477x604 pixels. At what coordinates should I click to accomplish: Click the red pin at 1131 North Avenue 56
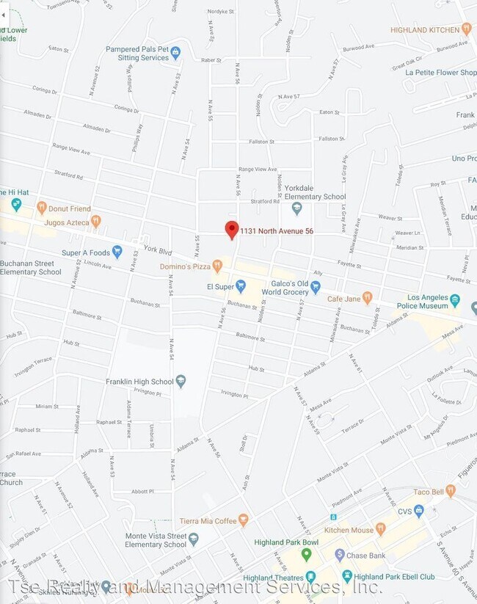coord(232,230)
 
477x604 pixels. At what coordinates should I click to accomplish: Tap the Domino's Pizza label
coord(185,266)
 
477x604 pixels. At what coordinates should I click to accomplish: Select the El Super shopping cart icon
coord(240,285)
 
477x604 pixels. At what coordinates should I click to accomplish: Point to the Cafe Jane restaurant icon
coord(368,299)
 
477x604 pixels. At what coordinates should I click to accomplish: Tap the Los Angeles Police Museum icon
coord(455,300)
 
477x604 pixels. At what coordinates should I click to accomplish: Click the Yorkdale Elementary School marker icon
coord(297,209)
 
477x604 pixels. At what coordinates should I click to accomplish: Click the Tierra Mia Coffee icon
coord(244,520)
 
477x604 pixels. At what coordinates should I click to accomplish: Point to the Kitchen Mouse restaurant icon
coord(380,529)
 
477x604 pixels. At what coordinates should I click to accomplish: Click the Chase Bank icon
coord(340,555)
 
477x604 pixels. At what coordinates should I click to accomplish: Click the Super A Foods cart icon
coord(117,252)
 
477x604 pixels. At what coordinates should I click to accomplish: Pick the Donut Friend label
coord(70,208)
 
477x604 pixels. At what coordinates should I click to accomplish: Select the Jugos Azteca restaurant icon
coord(95,221)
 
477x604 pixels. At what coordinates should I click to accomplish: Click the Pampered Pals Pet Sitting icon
coord(175,52)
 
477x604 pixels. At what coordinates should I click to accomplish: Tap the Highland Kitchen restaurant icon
coord(466,29)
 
